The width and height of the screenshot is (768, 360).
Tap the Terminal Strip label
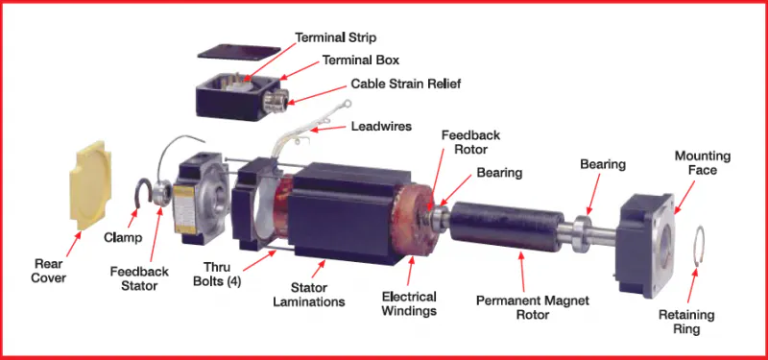[x=337, y=37]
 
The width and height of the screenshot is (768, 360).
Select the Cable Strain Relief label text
[x=405, y=84]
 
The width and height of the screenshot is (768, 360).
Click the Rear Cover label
[x=49, y=271]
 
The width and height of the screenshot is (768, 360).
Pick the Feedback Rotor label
[x=470, y=143]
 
